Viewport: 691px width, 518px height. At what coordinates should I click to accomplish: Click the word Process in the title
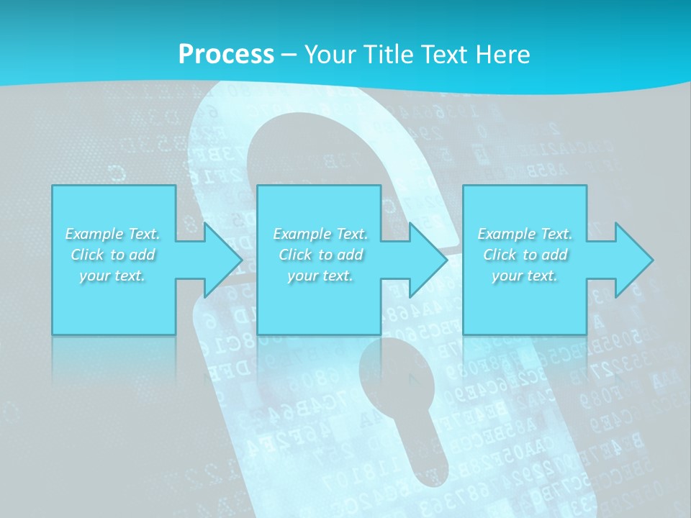226,55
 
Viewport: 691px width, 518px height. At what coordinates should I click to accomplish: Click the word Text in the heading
445,55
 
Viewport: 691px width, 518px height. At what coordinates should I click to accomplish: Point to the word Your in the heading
330,55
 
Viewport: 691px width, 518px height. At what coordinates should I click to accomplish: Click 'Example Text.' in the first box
113,234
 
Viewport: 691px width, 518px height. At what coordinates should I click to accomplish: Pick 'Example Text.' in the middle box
320,234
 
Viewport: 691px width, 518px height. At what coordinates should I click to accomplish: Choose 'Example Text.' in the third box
525,234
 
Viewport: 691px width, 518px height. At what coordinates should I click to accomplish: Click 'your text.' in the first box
113,276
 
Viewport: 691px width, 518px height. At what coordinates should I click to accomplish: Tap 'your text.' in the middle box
320,276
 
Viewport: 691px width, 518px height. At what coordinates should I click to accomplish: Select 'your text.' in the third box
525,276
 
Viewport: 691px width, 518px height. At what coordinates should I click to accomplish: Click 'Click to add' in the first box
113,255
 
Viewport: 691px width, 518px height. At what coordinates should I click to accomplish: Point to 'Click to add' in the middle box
320,255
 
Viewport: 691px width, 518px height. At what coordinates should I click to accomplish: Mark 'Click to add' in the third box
525,255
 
